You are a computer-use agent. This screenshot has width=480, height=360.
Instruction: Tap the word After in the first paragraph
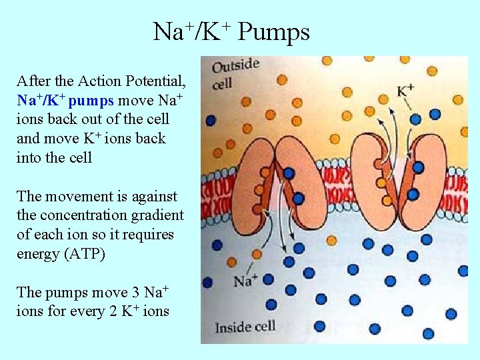pos(31,81)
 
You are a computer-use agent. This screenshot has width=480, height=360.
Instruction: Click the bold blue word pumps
pos(92,101)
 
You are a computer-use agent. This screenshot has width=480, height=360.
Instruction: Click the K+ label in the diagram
pos(405,90)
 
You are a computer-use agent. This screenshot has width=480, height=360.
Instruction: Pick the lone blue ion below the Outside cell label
pos(211,120)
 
